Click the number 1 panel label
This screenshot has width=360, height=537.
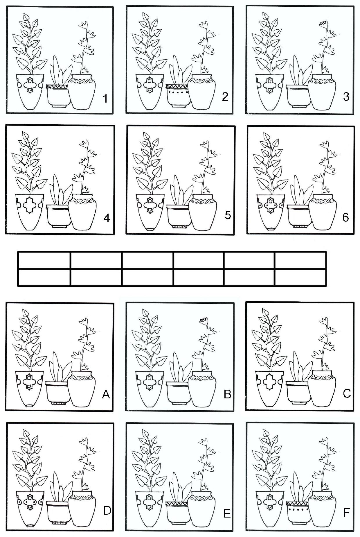click(x=105, y=99)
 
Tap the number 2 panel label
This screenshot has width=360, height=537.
click(x=225, y=97)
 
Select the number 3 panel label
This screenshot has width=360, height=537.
click(x=346, y=96)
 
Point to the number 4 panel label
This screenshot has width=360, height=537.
click(x=107, y=218)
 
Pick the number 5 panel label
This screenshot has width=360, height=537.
click(x=228, y=215)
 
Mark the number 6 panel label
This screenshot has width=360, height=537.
click(x=345, y=217)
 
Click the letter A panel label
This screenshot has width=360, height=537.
click(x=106, y=394)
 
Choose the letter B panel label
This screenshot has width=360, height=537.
click(x=227, y=394)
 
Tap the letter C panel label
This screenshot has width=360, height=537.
click(x=347, y=393)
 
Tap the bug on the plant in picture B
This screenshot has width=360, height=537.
click(x=203, y=320)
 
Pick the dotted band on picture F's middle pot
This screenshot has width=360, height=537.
click(x=298, y=510)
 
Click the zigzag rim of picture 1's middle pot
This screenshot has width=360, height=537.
click(x=57, y=87)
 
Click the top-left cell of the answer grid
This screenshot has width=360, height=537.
click(x=44, y=260)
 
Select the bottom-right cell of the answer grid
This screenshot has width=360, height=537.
click(x=300, y=278)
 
